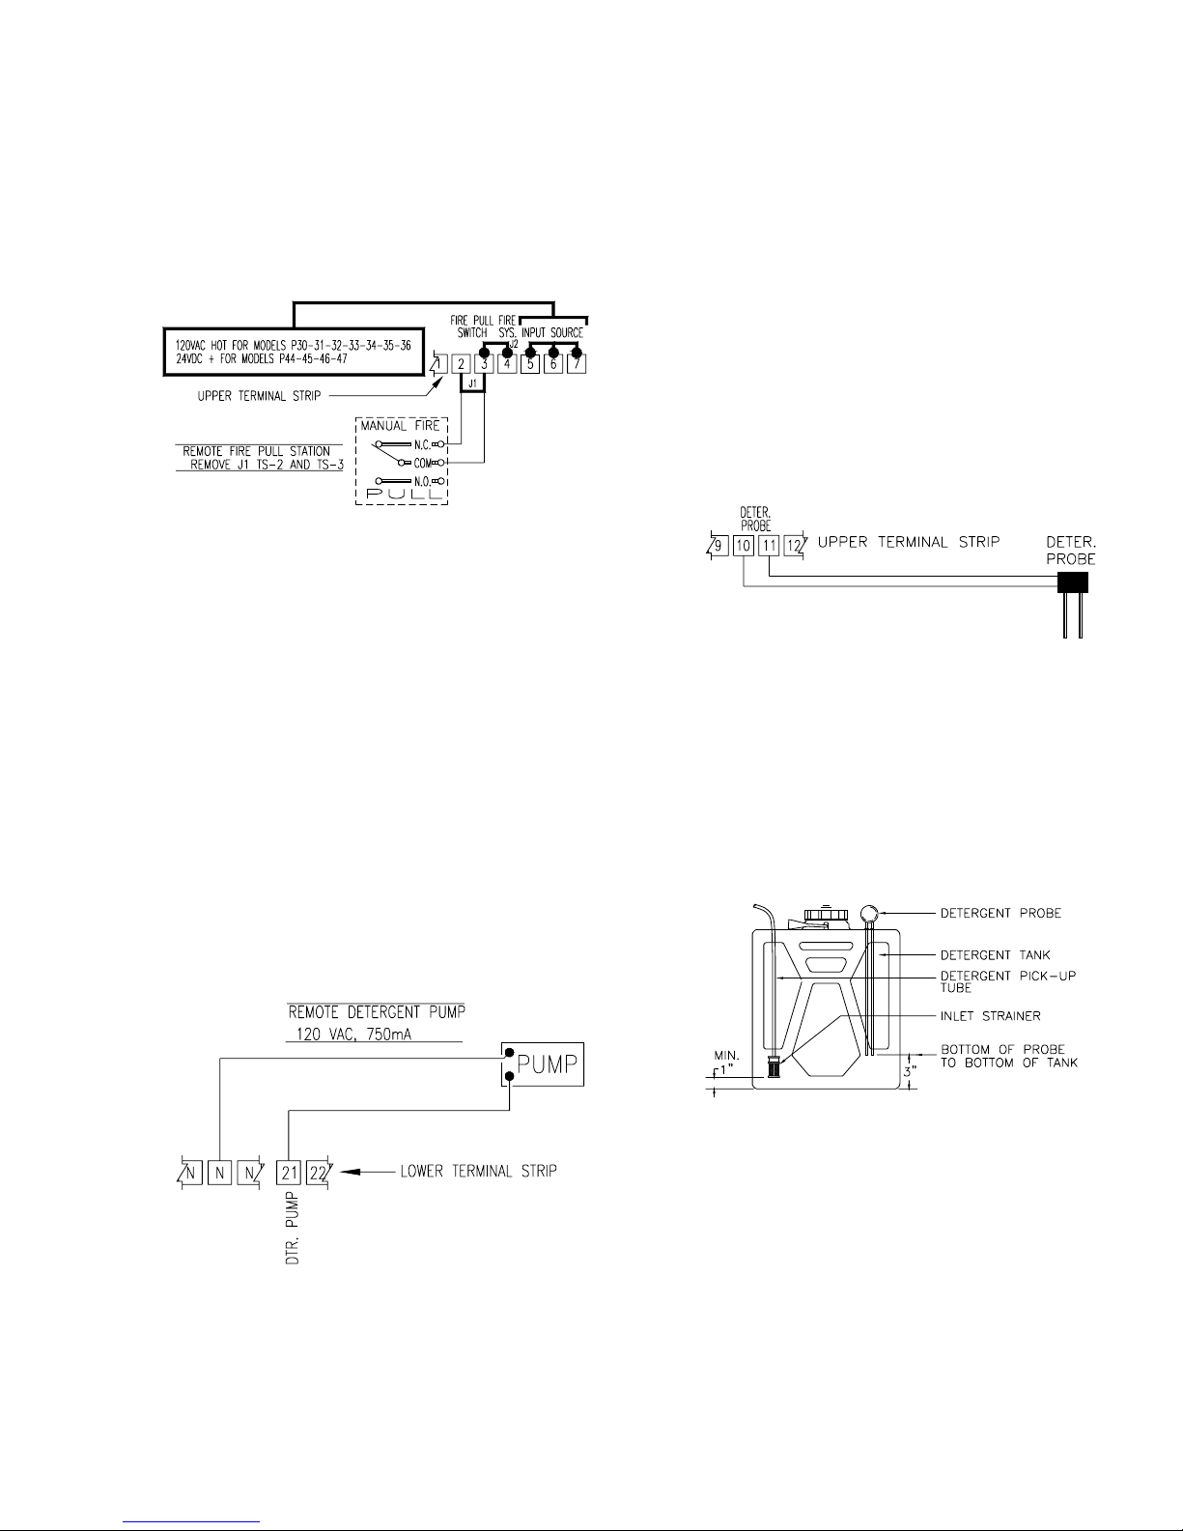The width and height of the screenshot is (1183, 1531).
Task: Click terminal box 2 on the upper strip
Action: click(x=462, y=364)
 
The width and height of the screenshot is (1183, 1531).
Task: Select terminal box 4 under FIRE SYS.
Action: click(x=506, y=364)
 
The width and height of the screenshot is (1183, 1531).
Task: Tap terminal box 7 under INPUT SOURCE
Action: click(x=577, y=364)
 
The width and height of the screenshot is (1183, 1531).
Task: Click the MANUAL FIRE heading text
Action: click(x=400, y=425)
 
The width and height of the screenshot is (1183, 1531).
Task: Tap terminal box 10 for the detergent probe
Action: click(x=743, y=546)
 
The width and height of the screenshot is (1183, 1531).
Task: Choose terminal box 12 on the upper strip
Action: click(x=793, y=546)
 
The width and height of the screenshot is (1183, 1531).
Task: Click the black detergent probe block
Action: click(x=1073, y=582)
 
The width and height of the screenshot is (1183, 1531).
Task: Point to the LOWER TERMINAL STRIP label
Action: click(x=479, y=1172)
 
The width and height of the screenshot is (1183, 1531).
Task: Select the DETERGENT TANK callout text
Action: click(x=996, y=954)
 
